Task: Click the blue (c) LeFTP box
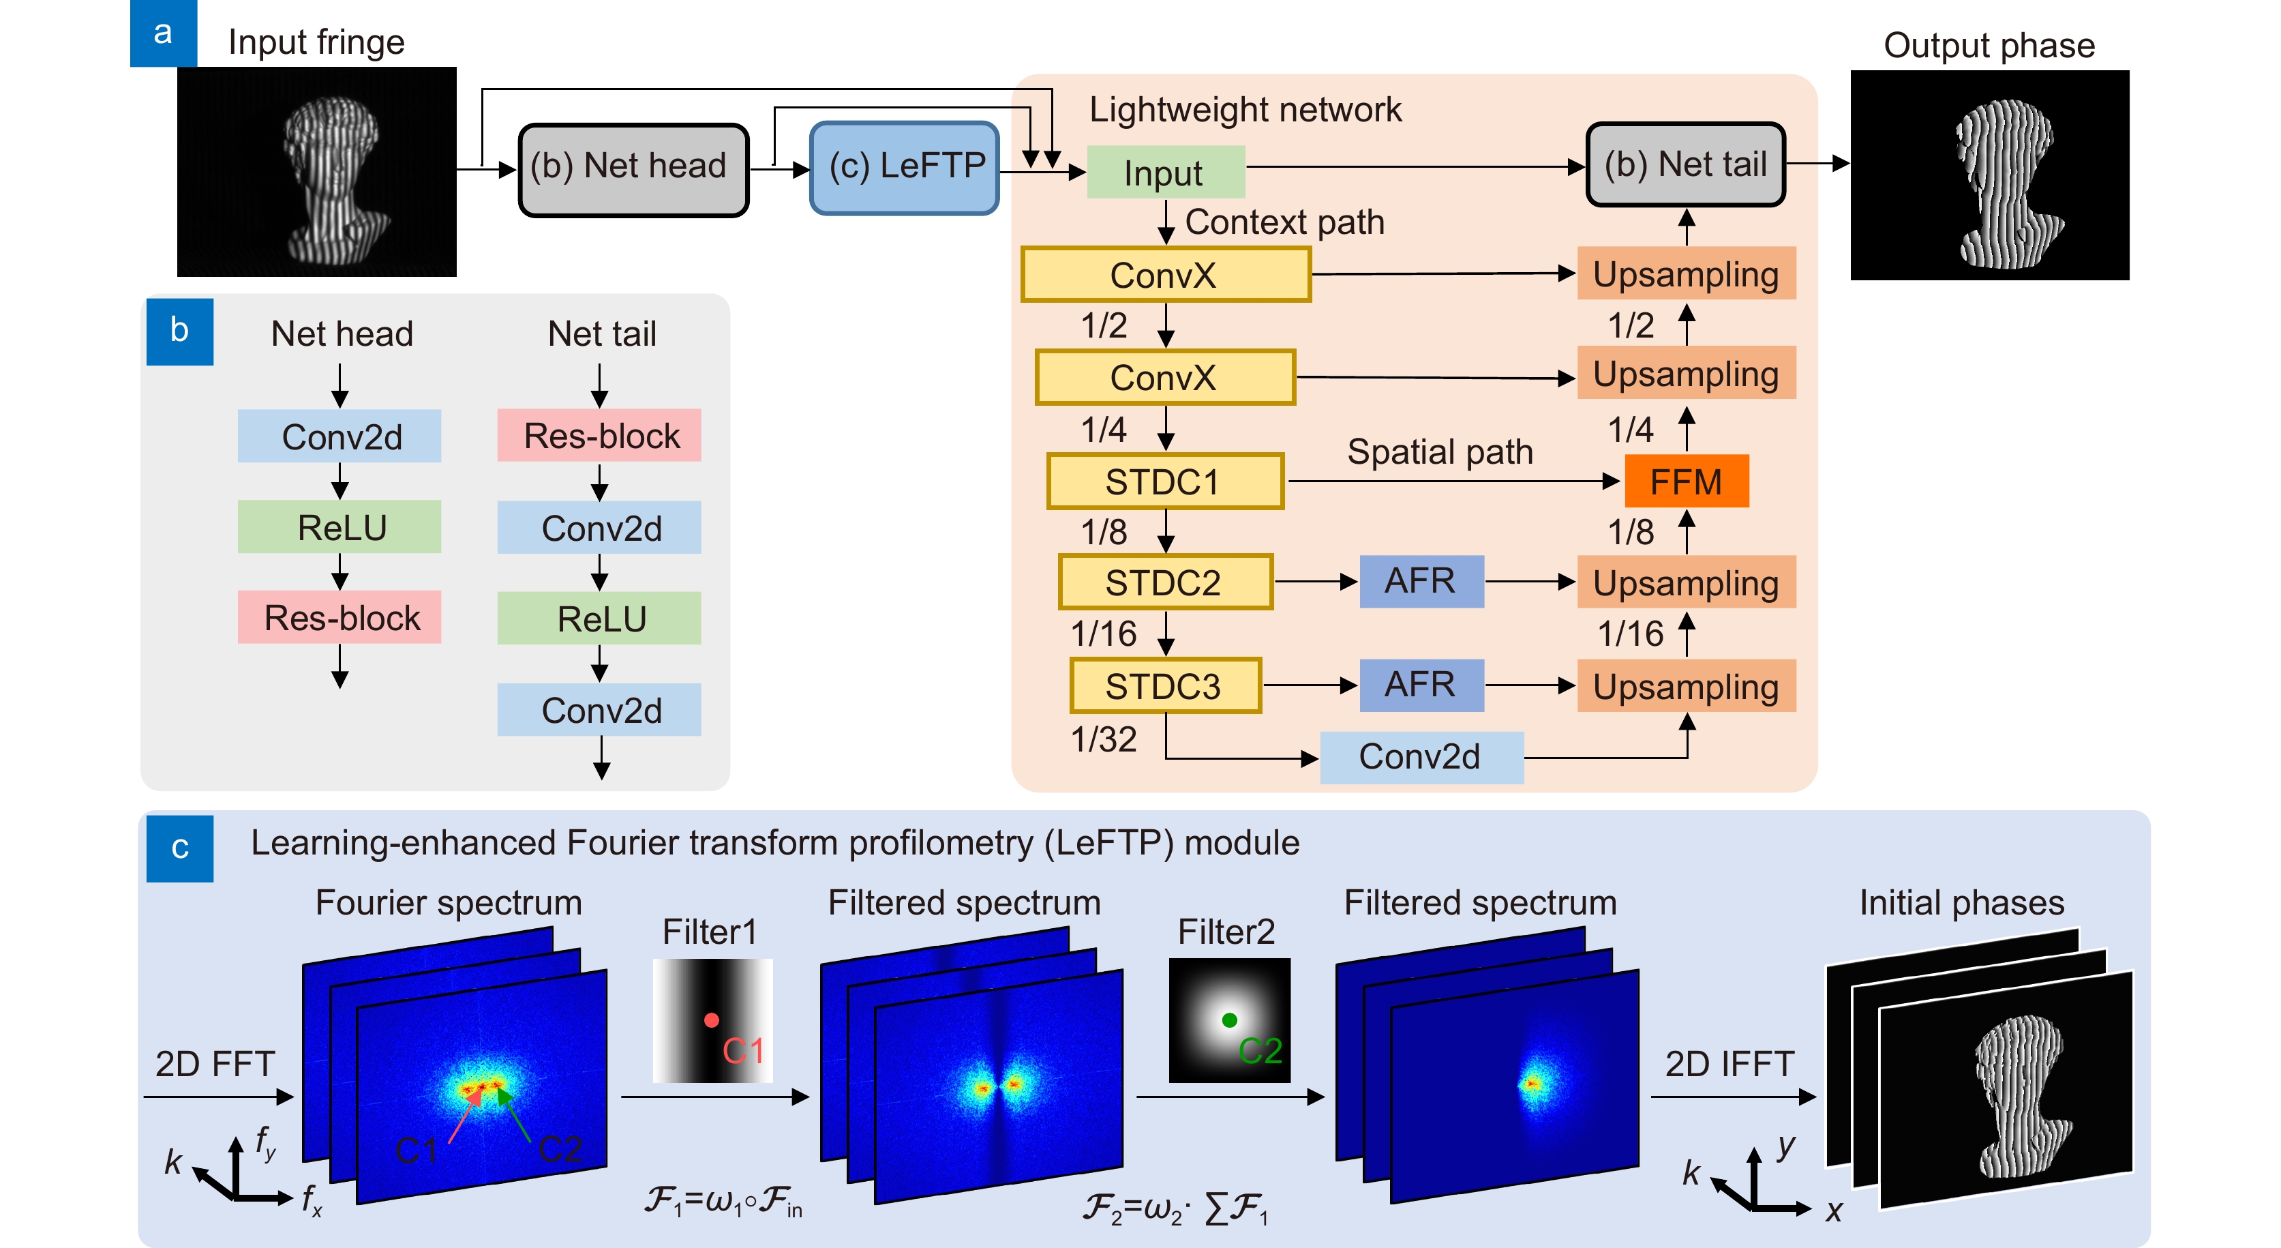click(904, 167)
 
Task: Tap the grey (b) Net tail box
click(1685, 165)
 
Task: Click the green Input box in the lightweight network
click(1164, 173)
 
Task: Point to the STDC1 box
click(1164, 482)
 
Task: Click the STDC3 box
click(1164, 685)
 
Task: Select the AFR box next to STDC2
click(1420, 582)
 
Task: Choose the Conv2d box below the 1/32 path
click(1420, 757)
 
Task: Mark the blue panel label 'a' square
click(163, 33)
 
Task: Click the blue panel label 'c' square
click(180, 848)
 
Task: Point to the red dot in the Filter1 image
click(711, 1020)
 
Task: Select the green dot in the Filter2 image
click(1229, 1020)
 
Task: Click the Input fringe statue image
click(317, 172)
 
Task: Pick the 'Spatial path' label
click(1440, 451)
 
